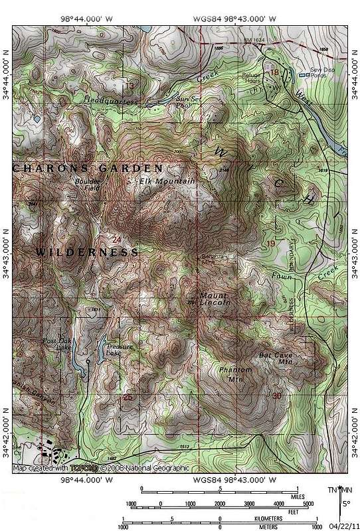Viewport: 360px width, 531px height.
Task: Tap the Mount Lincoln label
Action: click(215, 299)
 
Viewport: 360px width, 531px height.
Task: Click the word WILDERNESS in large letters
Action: click(86, 253)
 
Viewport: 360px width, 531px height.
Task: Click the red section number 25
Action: click(128, 398)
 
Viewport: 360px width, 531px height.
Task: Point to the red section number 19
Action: click(270, 245)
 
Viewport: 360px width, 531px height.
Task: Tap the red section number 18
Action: click(273, 72)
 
